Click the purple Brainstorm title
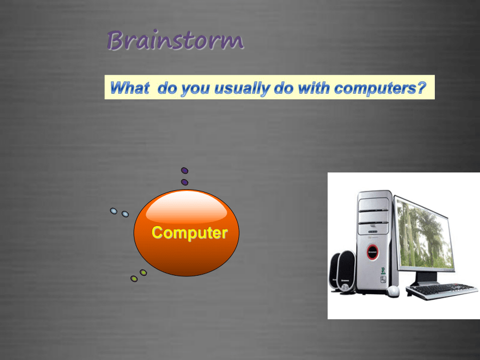[x=175, y=40]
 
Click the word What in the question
[x=130, y=88]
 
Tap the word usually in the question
[x=242, y=89]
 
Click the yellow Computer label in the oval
[x=190, y=233]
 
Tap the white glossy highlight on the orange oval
[x=186, y=207]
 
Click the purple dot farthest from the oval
[x=185, y=170]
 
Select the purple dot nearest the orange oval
[x=185, y=183]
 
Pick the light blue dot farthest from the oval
[x=113, y=211]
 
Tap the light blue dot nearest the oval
[x=125, y=214]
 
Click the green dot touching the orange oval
[x=143, y=272]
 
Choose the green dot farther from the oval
[x=134, y=279]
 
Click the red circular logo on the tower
[x=372, y=252]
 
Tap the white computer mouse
[x=392, y=291]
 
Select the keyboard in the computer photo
[x=441, y=291]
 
